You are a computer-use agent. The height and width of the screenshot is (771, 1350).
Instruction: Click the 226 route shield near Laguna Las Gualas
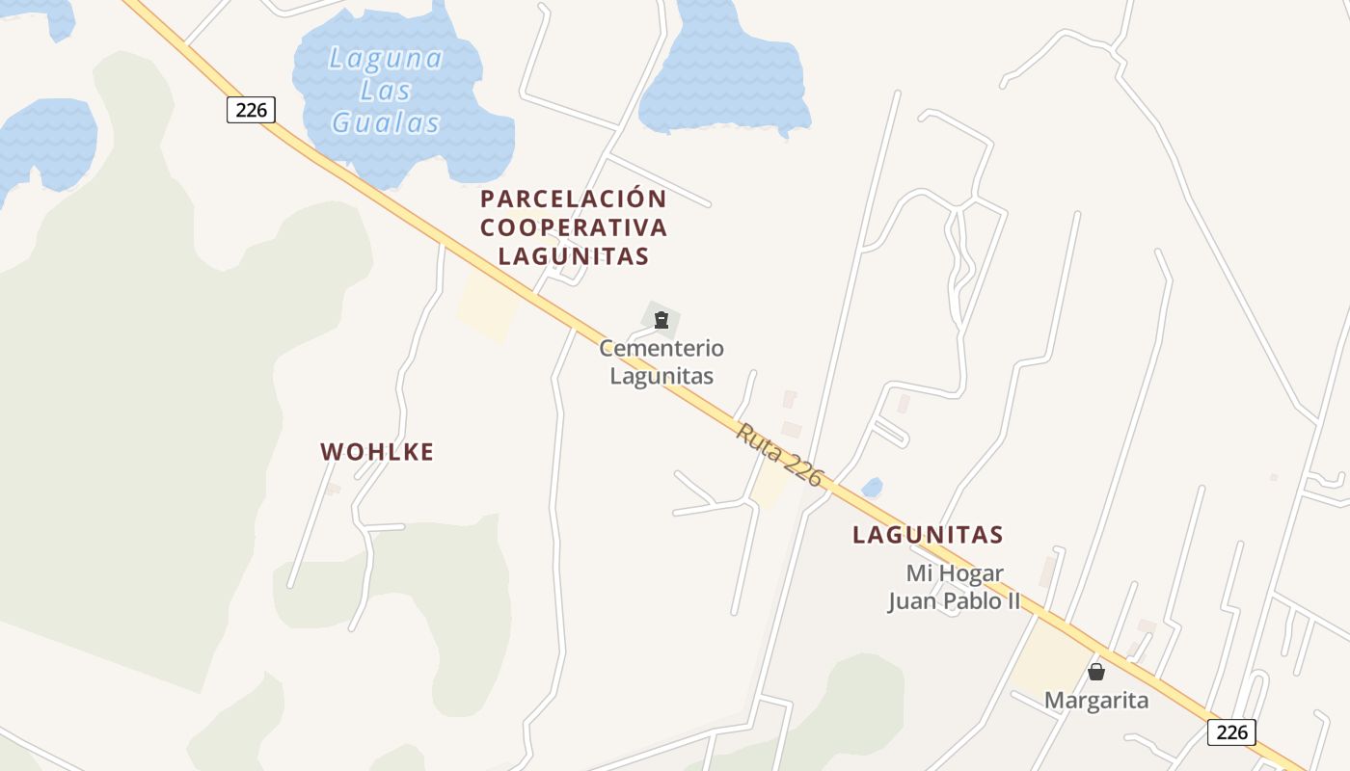pos(251,110)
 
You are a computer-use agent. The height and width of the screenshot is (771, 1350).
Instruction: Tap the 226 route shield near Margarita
pos(1231,732)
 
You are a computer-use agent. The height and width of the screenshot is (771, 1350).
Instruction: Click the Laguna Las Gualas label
pos(386,91)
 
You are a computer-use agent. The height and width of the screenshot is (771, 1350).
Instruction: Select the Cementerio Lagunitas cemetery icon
pos(661,320)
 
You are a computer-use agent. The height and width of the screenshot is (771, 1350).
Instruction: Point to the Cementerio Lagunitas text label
pos(661,361)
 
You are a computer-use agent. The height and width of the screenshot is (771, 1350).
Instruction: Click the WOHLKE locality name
pos(377,451)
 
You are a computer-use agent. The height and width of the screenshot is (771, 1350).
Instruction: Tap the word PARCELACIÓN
pos(574,199)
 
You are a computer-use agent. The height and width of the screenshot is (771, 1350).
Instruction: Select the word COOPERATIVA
pos(574,227)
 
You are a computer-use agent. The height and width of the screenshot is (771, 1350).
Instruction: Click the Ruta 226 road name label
pos(780,454)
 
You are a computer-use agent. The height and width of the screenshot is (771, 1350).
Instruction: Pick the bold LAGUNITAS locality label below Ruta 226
pos(928,534)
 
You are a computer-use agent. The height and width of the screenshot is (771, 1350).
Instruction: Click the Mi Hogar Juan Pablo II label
pos(954,588)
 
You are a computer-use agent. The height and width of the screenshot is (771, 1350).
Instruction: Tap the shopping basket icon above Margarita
pos(1096,672)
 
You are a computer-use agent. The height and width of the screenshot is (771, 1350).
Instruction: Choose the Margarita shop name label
pos(1096,701)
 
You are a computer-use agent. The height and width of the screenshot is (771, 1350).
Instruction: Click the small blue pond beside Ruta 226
pos(872,488)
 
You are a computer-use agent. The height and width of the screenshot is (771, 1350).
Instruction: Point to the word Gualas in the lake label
pos(386,123)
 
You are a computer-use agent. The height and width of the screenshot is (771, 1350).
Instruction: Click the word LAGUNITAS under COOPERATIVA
pos(574,256)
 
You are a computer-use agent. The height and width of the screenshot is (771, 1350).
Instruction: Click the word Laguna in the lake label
pos(386,59)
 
